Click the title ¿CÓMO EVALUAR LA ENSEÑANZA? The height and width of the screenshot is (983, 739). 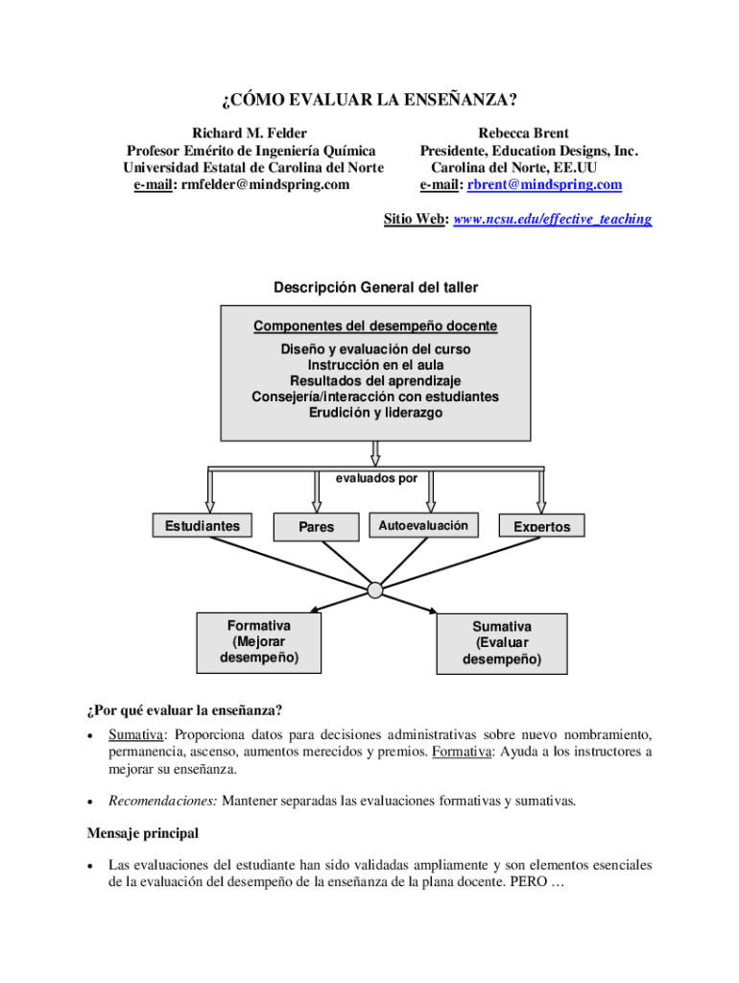tap(369, 101)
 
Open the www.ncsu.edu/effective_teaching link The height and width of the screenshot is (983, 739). tap(552, 219)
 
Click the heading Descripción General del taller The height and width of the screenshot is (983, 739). tap(375, 287)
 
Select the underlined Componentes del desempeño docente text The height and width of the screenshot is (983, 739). tap(375, 326)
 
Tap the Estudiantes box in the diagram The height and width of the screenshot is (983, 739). tap(203, 525)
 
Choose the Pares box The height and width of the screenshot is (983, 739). tap(317, 526)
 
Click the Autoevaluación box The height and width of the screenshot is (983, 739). tap(423, 525)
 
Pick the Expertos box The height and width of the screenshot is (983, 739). tap(541, 526)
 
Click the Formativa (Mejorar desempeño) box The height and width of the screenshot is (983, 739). tap(258, 642)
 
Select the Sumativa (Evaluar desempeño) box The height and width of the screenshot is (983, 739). tap(501, 643)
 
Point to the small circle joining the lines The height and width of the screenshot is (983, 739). tap(374, 589)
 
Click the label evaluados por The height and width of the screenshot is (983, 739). tap(375, 475)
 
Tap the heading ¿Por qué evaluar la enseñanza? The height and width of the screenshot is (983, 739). tap(184, 710)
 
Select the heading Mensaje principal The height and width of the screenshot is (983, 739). tap(142, 832)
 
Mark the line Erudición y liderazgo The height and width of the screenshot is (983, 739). tap(375, 413)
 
